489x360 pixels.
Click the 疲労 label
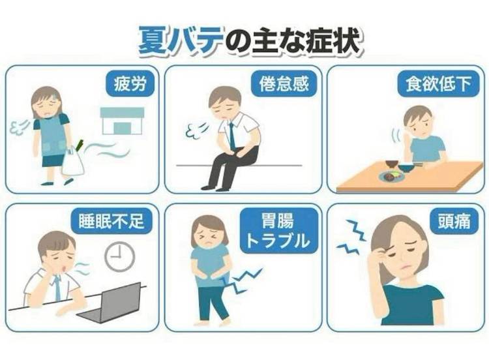[x=130, y=84]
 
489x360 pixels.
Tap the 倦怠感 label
[x=284, y=84]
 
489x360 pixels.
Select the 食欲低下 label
[x=438, y=84]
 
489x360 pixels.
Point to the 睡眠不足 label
[x=111, y=221]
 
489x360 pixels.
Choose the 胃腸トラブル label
[x=278, y=230]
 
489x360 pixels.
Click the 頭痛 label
[x=454, y=221]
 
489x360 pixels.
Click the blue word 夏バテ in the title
[x=181, y=41]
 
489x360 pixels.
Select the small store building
[x=122, y=121]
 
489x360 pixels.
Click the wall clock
[x=119, y=256]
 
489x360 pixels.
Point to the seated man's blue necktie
[x=232, y=136]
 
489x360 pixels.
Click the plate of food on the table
[x=392, y=176]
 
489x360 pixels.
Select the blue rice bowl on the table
[x=406, y=168]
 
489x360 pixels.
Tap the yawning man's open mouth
[x=65, y=268]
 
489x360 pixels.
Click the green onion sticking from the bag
[x=80, y=144]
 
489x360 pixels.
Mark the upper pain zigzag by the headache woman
[x=355, y=230]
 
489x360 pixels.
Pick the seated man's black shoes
[x=215, y=188]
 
